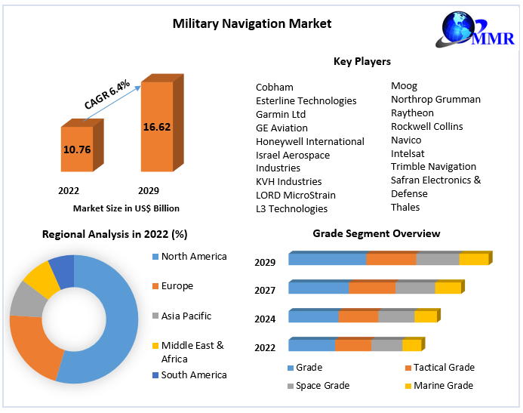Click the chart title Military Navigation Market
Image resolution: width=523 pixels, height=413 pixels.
(x=252, y=23)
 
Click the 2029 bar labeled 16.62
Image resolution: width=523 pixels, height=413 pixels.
(x=156, y=127)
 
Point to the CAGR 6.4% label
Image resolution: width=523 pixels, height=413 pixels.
(x=107, y=93)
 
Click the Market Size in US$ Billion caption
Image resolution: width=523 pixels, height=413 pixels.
(x=126, y=208)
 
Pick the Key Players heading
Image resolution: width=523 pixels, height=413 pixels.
(x=362, y=61)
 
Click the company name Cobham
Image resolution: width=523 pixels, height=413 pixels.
(x=275, y=87)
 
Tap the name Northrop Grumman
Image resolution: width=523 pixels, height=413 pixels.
(x=435, y=99)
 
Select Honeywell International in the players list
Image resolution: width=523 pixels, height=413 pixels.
(x=310, y=141)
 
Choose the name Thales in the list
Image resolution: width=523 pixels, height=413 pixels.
(x=405, y=207)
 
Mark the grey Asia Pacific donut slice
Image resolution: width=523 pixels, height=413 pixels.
(x=26, y=300)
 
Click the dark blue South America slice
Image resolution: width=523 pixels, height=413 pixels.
(x=63, y=272)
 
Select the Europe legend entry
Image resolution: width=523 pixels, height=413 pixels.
(x=177, y=286)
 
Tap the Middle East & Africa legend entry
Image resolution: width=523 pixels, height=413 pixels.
(x=192, y=352)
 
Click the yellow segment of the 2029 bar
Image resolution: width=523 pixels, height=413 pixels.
(x=473, y=260)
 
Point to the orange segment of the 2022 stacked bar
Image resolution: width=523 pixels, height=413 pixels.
(x=352, y=345)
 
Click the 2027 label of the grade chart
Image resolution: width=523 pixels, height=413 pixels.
(x=265, y=291)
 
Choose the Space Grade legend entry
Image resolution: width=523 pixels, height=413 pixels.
(x=323, y=385)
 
